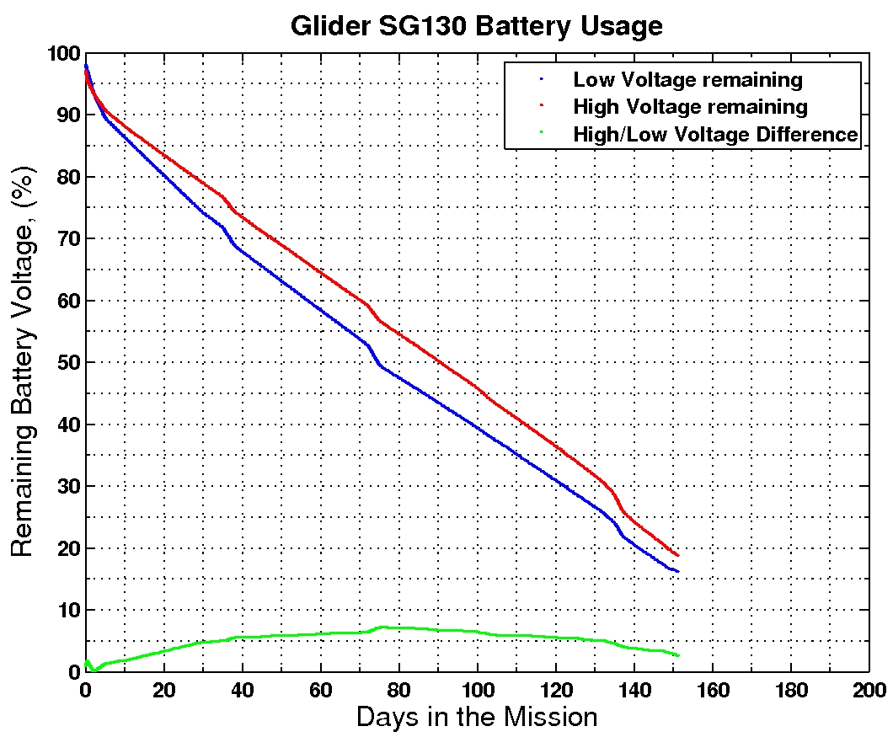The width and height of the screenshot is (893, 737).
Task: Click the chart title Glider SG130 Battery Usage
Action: click(x=476, y=25)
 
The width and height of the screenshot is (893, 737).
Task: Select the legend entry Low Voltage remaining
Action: click(x=687, y=80)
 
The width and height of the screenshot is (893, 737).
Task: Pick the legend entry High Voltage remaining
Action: click(x=689, y=107)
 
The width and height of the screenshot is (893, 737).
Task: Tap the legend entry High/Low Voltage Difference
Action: click(x=714, y=134)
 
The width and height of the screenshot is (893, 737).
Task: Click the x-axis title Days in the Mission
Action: click(x=476, y=717)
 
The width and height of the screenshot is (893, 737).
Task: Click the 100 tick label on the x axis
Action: click(x=477, y=686)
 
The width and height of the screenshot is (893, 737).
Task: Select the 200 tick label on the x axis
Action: click(x=868, y=686)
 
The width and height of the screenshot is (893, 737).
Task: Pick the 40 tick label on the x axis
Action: click(x=242, y=686)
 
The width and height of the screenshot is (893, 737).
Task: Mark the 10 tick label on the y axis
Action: click(x=68, y=611)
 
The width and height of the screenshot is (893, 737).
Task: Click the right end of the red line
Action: click(x=676, y=555)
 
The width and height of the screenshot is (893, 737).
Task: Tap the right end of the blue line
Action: click(x=676, y=572)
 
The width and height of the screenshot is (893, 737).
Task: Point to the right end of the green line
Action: click(x=676, y=655)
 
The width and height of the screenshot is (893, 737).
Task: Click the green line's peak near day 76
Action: click(x=383, y=627)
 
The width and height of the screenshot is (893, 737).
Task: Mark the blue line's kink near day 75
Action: click(x=380, y=365)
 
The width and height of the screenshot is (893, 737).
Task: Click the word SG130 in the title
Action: click(x=403, y=25)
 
